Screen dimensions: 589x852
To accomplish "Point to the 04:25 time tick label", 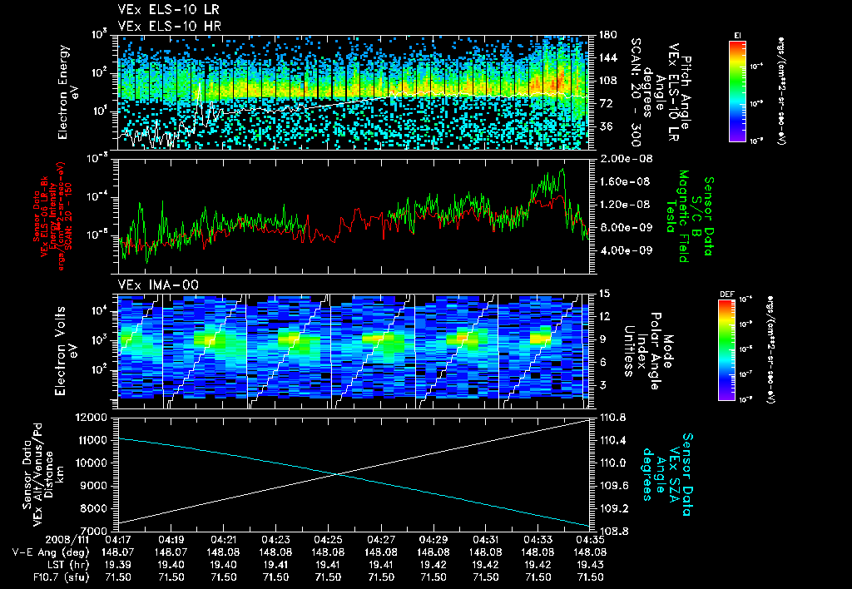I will coord(328,539).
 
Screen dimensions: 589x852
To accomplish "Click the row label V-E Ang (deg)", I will coord(47,552).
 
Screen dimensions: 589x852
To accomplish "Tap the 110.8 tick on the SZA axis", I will coord(612,417).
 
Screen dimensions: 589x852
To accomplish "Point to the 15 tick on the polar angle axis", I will coord(603,294).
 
